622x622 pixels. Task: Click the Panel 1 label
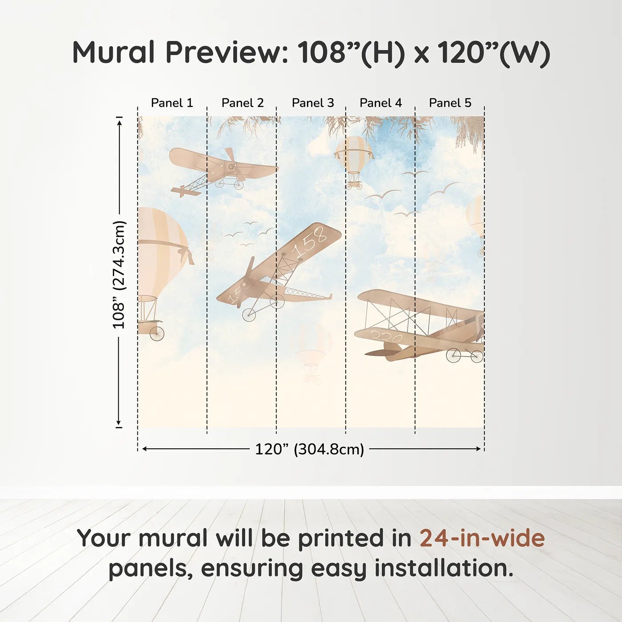click(172, 103)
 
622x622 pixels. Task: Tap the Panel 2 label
click(242, 103)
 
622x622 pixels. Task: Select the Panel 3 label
click(312, 103)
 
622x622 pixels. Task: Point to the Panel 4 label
click(380, 103)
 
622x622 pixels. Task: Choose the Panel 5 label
click(450, 103)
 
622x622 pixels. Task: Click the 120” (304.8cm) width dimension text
click(309, 449)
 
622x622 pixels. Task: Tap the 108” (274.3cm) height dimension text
click(119, 275)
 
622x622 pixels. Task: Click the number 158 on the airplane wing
click(309, 242)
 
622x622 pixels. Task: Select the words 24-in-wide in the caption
click(482, 538)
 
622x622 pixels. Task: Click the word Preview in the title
click(227, 52)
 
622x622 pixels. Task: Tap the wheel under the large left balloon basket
click(157, 333)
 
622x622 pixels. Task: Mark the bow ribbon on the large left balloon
click(186, 255)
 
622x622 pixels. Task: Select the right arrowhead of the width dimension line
click(478, 449)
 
